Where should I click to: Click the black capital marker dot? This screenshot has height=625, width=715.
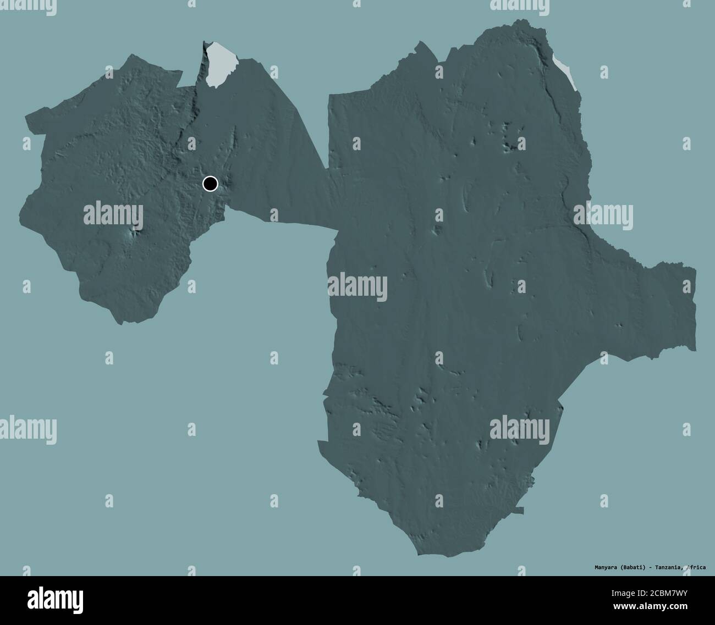pos(210,184)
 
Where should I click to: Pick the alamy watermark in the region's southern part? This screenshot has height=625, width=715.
pos(520,427)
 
